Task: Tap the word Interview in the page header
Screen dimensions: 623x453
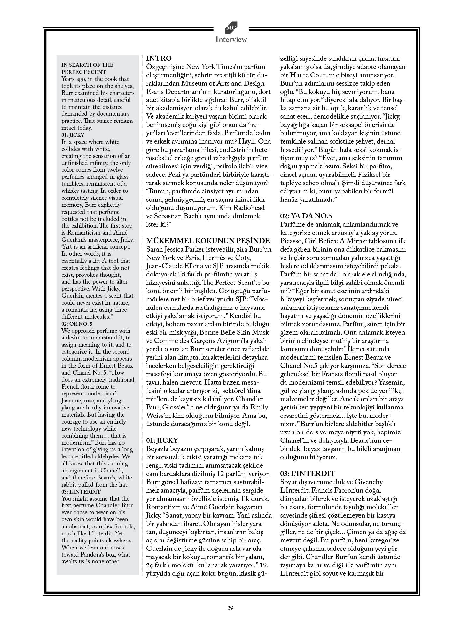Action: tap(231, 40)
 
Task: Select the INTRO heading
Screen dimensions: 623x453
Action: tap(159, 58)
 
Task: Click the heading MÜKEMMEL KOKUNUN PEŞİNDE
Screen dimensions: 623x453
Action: tap(208, 241)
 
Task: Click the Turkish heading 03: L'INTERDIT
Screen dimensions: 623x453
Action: tap(308, 473)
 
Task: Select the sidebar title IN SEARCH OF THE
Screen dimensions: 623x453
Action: tap(87, 65)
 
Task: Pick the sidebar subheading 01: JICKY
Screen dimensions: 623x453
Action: tap(73, 135)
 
